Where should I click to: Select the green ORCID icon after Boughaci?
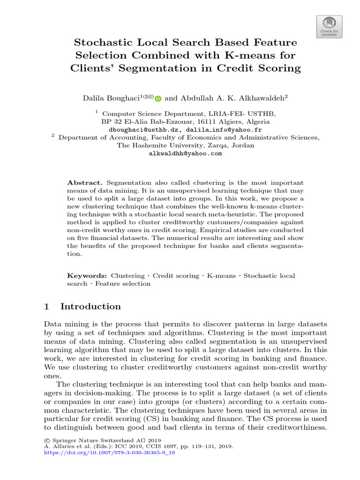tap(158, 98)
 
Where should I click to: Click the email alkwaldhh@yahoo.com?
tap(185, 153)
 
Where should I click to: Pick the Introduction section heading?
tap(90, 307)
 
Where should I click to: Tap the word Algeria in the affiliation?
tap(257, 121)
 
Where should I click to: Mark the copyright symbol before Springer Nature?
tap(46, 441)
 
